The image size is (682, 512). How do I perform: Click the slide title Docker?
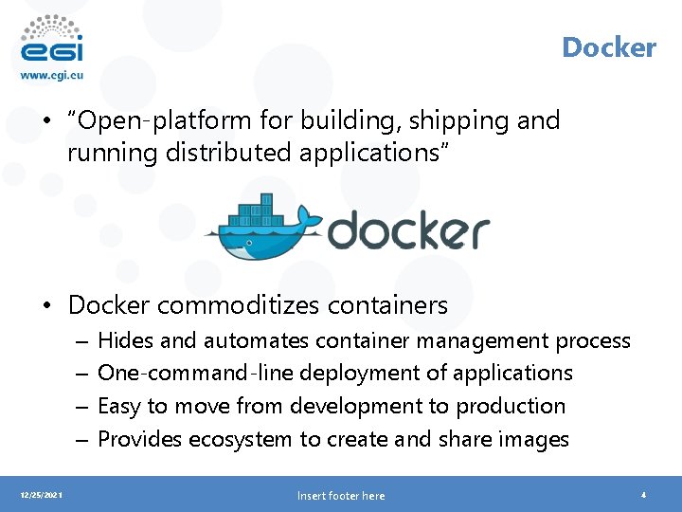(x=608, y=47)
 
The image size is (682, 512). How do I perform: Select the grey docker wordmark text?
(x=408, y=231)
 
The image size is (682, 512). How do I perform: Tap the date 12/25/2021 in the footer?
(x=39, y=495)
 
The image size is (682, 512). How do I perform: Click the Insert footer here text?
(x=341, y=496)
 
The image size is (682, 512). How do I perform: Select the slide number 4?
(x=643, y=495)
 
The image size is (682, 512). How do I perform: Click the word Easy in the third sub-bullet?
(x=119, y=406)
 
